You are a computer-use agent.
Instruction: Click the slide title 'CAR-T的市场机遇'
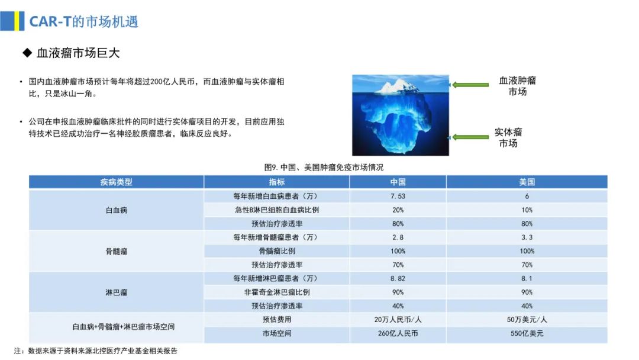(x=84, y=21)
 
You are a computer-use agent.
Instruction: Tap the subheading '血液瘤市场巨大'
(x=78, y=53)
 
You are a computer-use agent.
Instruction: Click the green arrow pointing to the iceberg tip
(x=469, y=85)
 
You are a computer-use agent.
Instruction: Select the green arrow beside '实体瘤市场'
(x=469, y=137)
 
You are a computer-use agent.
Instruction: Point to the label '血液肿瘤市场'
(x=518, y=86)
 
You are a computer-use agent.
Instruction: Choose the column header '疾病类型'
(x=116, y=182)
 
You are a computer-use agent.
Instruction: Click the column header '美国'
(x=527, y=182)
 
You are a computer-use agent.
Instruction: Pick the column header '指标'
(x=277, y=182)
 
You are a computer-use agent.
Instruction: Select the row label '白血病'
(x=117, y=210)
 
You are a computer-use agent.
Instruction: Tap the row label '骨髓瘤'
(x=117, y=251)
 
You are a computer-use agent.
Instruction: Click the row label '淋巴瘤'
(x=117, y=292)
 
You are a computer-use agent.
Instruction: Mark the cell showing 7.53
(x=398, y=196)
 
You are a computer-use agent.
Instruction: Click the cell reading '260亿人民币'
(x=398, y=333)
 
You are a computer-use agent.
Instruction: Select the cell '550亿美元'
(x=527, y=333)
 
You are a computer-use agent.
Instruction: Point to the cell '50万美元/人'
(x=527, y=320)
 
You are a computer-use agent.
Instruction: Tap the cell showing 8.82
(x=398, y=278)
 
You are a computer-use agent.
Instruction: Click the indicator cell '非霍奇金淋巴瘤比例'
(x=277, y=292)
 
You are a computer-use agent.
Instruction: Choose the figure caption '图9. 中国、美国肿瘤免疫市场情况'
(x=324, y=167)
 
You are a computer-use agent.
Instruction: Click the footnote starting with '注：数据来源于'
(x=96, y=351)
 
